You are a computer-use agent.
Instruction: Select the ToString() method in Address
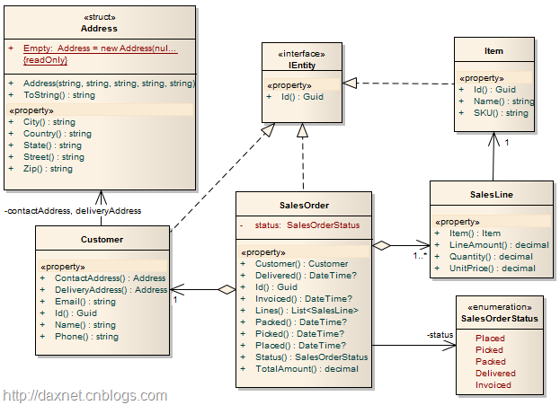tap(58, 94)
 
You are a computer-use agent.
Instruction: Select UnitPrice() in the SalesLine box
tap(492, 268)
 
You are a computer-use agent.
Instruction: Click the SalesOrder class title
tap(304, 205)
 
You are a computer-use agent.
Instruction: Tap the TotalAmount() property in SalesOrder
tap(294, 368)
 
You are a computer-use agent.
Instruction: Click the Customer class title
tap(102, 240)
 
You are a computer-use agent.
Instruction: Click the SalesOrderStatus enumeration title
tap(500, 318)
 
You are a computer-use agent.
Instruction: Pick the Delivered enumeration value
tap(495, 373)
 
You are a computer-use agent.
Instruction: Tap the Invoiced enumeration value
tap(493, 384)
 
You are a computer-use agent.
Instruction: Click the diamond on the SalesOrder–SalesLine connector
tap(383, 244)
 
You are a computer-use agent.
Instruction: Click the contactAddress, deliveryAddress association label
tap(73, 211)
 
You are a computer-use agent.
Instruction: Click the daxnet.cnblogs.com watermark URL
tap(84, 395)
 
